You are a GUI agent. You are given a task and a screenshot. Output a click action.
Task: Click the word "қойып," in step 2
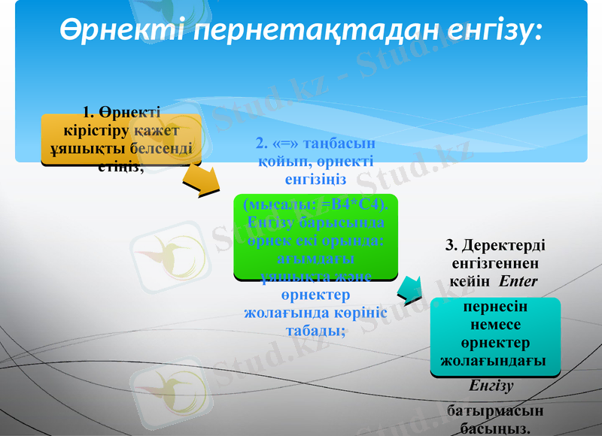(277, 161)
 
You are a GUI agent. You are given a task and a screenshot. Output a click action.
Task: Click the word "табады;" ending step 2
(315, 331)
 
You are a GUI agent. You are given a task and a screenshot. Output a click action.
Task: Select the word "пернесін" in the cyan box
(495, 308)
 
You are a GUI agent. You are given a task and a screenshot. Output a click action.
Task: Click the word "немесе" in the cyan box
(495, 326)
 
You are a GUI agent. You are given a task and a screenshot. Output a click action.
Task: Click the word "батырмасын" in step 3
(494, 412)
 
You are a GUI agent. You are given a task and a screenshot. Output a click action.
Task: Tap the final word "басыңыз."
(494, 428)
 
